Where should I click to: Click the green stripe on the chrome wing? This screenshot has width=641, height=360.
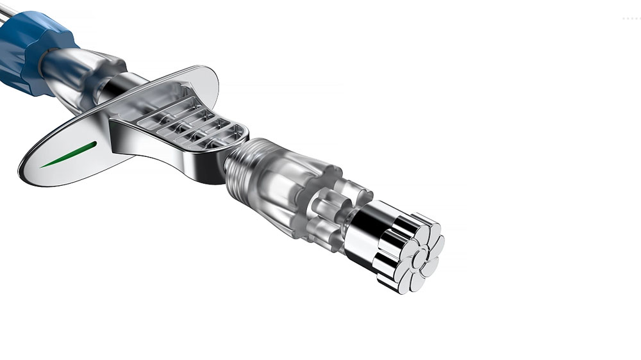click(x=69, y=154)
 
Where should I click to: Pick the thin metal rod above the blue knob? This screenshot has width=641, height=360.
click(x=8, y=9)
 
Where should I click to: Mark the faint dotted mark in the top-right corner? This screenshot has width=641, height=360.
click(x=631, y=19)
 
